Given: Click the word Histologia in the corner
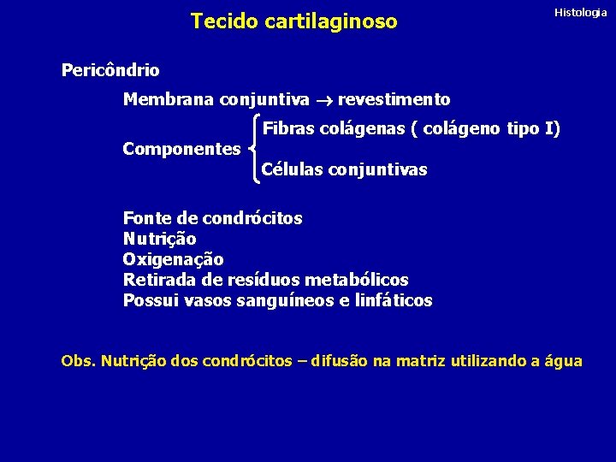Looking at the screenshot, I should pos(580,13).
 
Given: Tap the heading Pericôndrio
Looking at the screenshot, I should pos(110,70).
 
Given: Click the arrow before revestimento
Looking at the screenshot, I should pos(323,101).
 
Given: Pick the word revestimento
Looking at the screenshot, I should pos(394,100).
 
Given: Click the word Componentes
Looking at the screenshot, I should pos(181,149).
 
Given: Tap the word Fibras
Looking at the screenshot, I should pos(287,129).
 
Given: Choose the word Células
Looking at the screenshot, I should pos(291,169).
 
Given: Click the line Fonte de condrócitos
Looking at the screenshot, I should pos(212,218).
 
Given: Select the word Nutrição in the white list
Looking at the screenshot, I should pos(159,239).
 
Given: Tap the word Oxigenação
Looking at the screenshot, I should pos(173,259).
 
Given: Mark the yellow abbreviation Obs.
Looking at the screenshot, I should pos(78,361).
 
